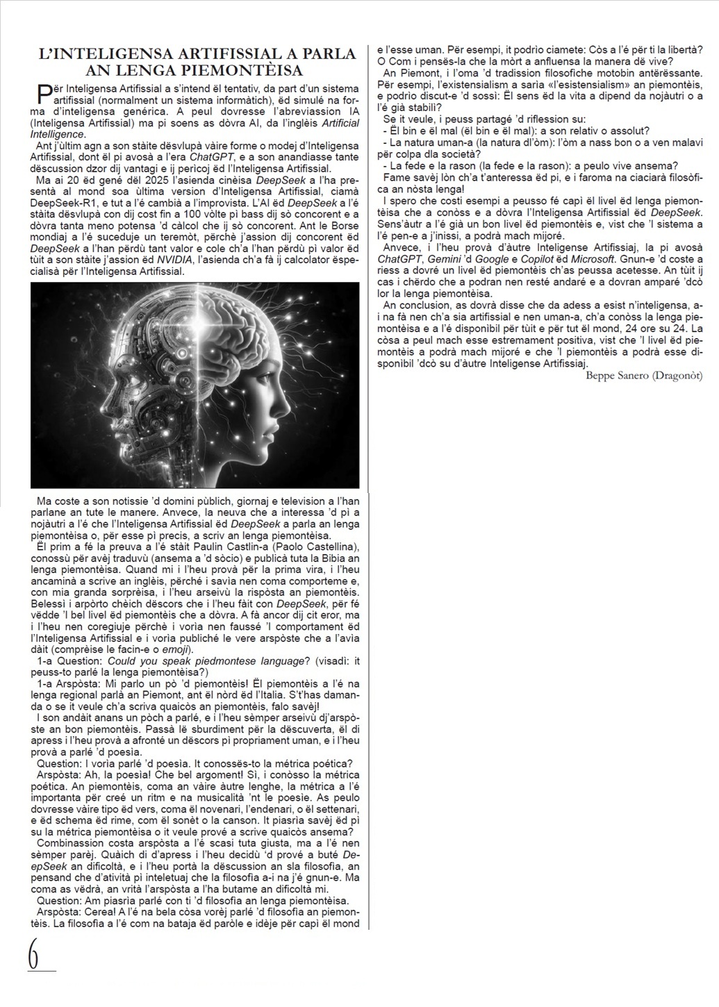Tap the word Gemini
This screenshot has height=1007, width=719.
click(438, 258)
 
